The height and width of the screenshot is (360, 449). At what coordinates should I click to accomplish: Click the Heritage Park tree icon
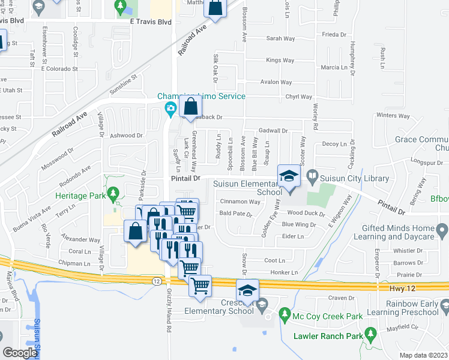tap(112, 194)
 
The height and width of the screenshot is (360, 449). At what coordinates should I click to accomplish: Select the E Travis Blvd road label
tap(151, 22)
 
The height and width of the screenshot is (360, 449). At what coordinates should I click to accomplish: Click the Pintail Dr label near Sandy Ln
tap(188, 178)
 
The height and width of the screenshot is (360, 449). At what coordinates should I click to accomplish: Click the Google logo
tap(20, 353)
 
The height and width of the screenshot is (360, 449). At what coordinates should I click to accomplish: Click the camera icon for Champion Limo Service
tap(170, 109)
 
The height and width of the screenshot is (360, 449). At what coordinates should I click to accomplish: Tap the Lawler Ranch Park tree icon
tap(370, 332)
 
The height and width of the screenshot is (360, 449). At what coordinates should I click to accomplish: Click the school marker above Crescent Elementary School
tap(247, 291)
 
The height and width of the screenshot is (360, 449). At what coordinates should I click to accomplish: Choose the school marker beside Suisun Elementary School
tap(288, 176)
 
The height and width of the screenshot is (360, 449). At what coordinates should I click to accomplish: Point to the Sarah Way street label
tap(280, 38)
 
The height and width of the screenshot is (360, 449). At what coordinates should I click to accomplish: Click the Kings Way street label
tap(280, 60)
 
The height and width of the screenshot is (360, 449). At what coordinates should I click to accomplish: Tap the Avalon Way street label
tap(276, 82)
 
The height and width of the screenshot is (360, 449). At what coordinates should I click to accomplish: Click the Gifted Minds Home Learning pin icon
tap(442, 230)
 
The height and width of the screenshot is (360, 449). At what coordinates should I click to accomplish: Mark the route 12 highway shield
tap(156, 281)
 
